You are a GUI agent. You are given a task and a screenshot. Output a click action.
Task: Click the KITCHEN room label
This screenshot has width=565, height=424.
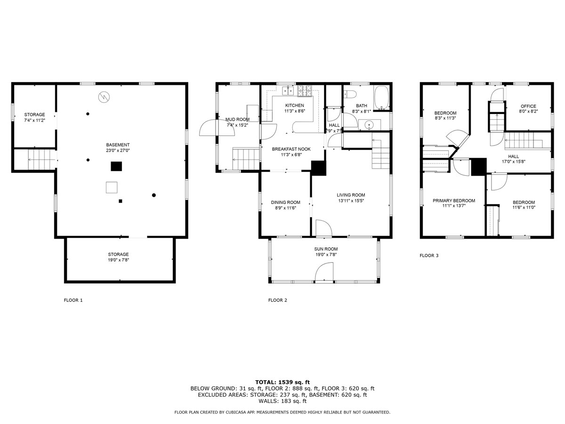point(294,105)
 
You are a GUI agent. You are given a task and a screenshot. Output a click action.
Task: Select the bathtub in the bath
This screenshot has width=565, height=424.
point(381,98)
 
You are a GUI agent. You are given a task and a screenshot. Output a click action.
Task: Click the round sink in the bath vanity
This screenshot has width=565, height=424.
point(369,125)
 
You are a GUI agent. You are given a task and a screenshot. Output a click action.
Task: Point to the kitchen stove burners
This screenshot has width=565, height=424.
point(305,91)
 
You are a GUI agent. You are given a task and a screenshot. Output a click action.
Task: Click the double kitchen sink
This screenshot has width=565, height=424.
point(288,90)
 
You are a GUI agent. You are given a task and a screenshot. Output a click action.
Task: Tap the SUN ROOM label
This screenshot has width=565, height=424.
point(326,249)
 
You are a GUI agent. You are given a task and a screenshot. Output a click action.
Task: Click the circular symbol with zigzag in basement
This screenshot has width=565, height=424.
point(104,97)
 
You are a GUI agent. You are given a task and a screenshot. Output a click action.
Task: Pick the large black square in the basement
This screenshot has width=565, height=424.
point(116,166)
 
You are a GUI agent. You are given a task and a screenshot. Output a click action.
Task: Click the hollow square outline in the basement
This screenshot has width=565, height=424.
point(112,188)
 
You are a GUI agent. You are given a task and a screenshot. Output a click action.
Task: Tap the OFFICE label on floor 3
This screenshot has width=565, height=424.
point(528,106)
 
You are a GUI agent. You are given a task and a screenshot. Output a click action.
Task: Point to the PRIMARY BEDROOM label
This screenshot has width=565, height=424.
point(454,201)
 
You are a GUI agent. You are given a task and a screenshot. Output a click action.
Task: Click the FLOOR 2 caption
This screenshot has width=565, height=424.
point(277,300)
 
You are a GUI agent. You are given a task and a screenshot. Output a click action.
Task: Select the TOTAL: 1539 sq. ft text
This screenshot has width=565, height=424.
point(282,382)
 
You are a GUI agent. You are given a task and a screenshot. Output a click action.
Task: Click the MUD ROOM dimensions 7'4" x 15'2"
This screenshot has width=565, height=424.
point(237,125)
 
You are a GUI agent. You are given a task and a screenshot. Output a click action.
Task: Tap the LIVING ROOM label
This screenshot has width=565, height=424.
point(351,195)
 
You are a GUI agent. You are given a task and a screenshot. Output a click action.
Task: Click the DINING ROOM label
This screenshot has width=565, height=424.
point(285,203)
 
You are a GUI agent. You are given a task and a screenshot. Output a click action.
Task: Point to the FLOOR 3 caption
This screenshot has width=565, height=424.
point(429,255)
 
